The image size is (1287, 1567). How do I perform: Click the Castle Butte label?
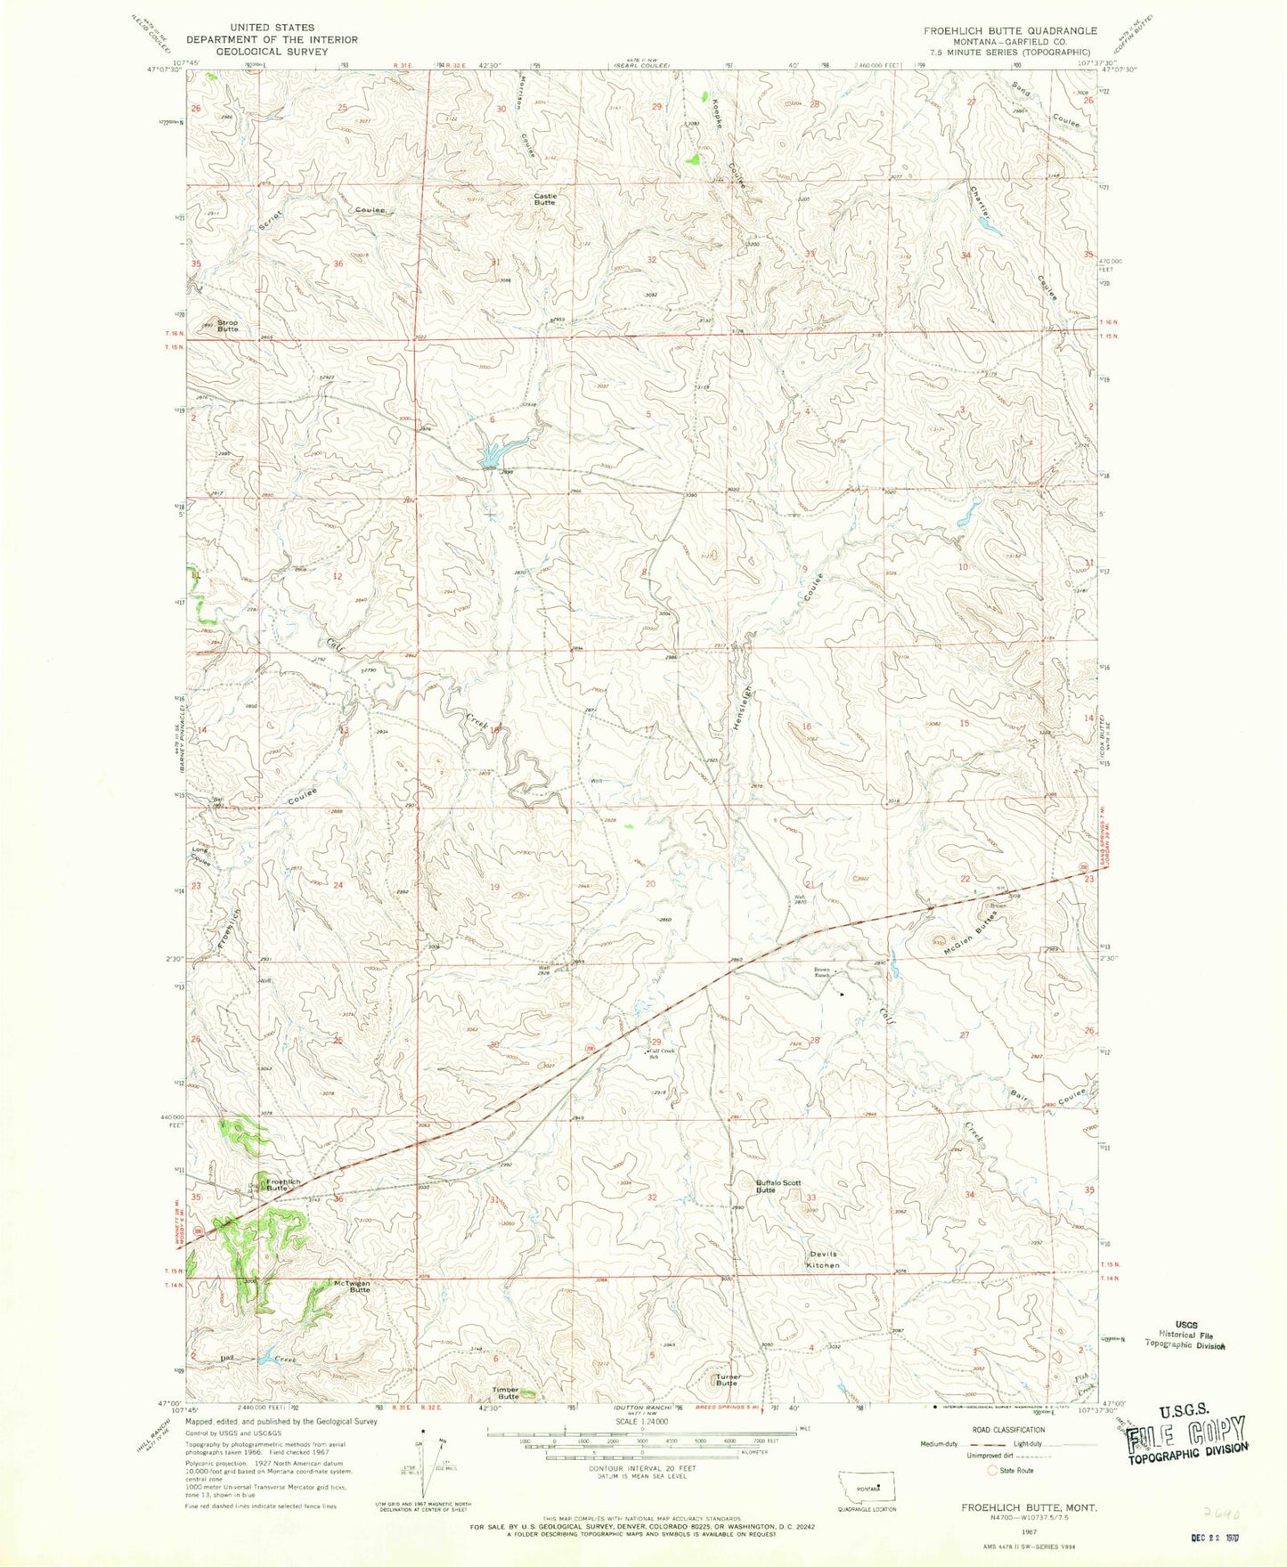(x=544, y=199)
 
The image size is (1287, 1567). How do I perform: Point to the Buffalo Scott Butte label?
(x=778, y=1186)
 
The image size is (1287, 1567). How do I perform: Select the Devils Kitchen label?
(x=822, y=1259)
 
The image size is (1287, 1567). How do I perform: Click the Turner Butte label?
(x=727, y=1380)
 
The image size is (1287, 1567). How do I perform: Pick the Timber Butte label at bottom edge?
(x=508, y=1392)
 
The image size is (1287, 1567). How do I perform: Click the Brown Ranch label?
(x=821, y=972)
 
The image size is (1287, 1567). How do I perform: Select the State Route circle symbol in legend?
(x=992, y=1471)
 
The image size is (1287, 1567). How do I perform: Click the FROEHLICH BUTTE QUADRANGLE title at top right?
(x=1009, y=30)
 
